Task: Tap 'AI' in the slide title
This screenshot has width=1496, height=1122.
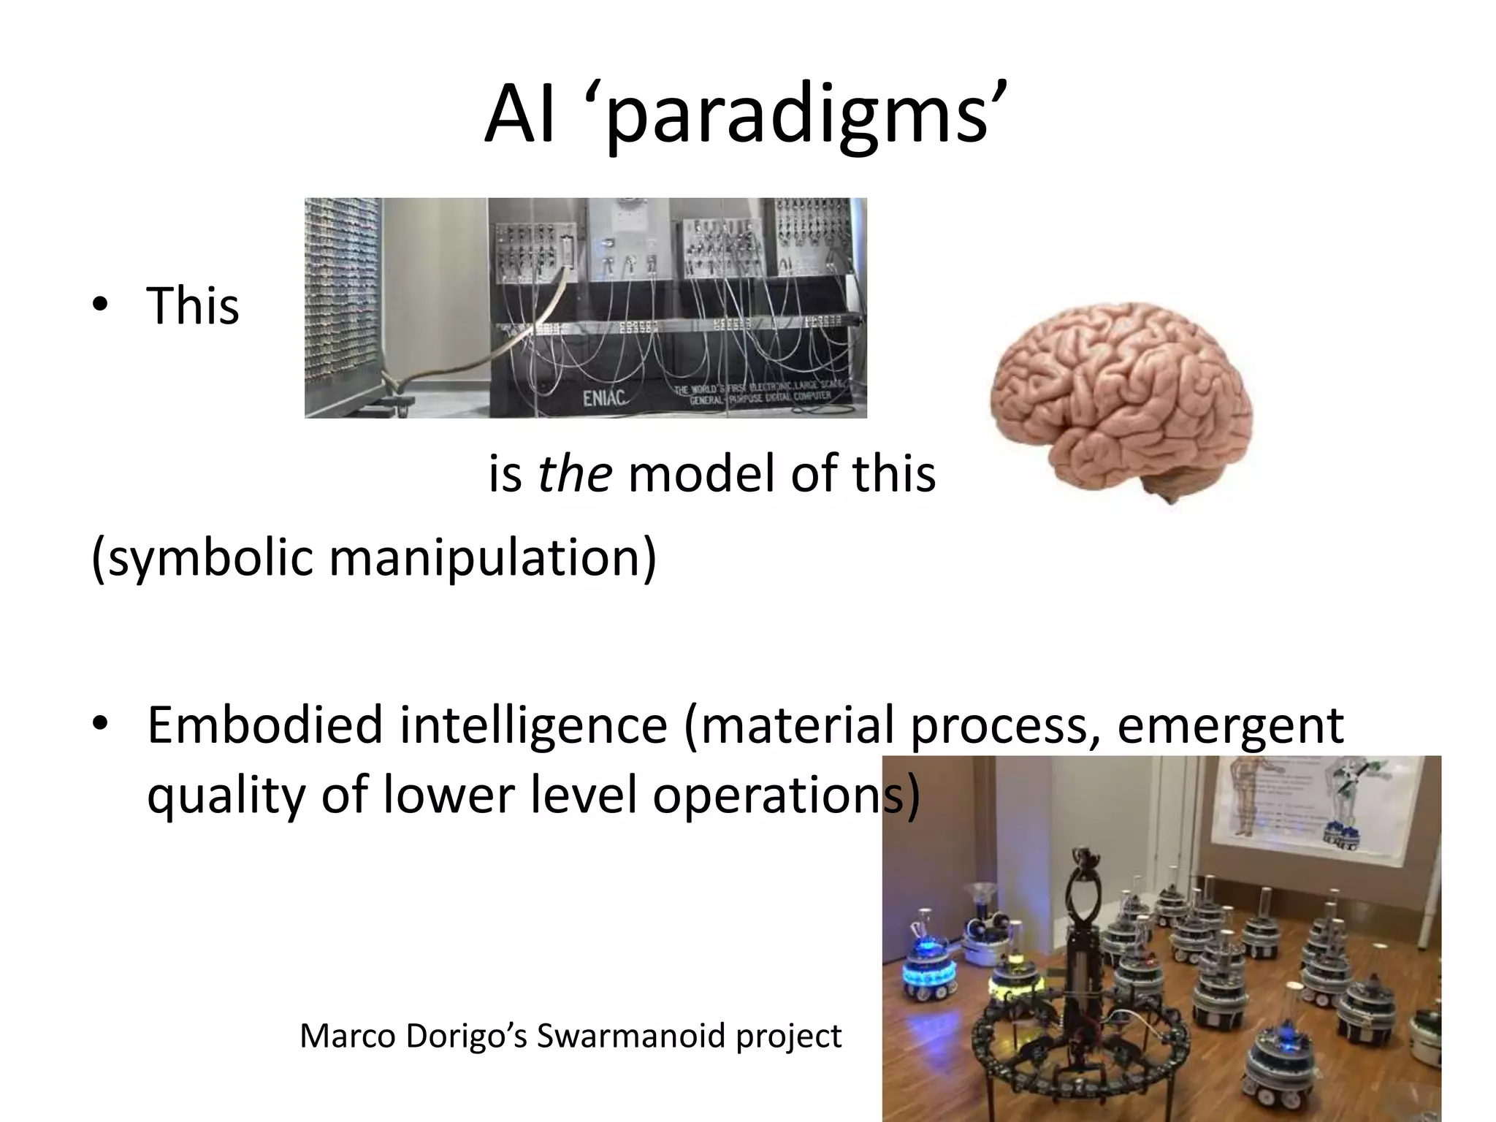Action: coord(518,117)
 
